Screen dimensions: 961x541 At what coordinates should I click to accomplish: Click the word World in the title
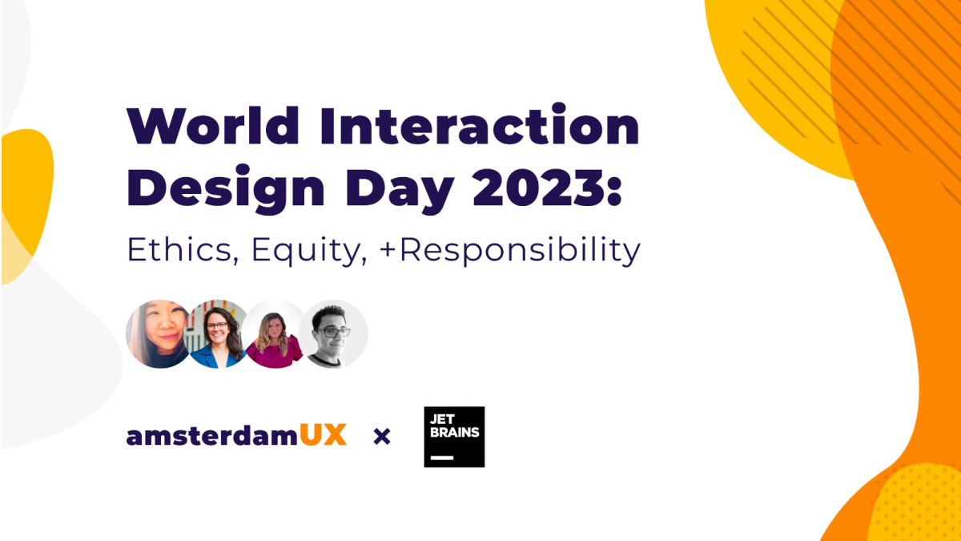(213, 125)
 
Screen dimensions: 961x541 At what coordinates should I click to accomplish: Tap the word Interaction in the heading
(480, 124)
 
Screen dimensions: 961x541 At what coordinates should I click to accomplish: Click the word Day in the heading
(400, 190)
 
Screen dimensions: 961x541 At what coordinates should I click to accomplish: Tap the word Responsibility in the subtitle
(521, 251)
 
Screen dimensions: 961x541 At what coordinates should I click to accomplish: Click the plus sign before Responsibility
(388, 250)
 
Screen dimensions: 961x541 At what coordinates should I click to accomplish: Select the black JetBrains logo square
(454, 437)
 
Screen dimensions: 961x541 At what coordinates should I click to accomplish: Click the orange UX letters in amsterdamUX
(323, 435)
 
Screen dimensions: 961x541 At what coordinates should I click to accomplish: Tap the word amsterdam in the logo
(212, 435)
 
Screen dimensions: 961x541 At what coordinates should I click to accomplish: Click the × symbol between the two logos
(382, 437)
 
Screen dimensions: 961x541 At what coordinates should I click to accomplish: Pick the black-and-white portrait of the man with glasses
(333, 334)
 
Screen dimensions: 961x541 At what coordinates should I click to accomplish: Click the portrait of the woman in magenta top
(274, 334)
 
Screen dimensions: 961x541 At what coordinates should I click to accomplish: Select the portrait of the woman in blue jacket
(218, 334)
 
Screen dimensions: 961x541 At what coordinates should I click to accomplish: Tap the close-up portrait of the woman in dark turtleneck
(159, 334)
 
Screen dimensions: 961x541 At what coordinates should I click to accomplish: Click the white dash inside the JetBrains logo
(442, 458)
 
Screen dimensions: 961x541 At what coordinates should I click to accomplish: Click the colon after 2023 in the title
(614, 189)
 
